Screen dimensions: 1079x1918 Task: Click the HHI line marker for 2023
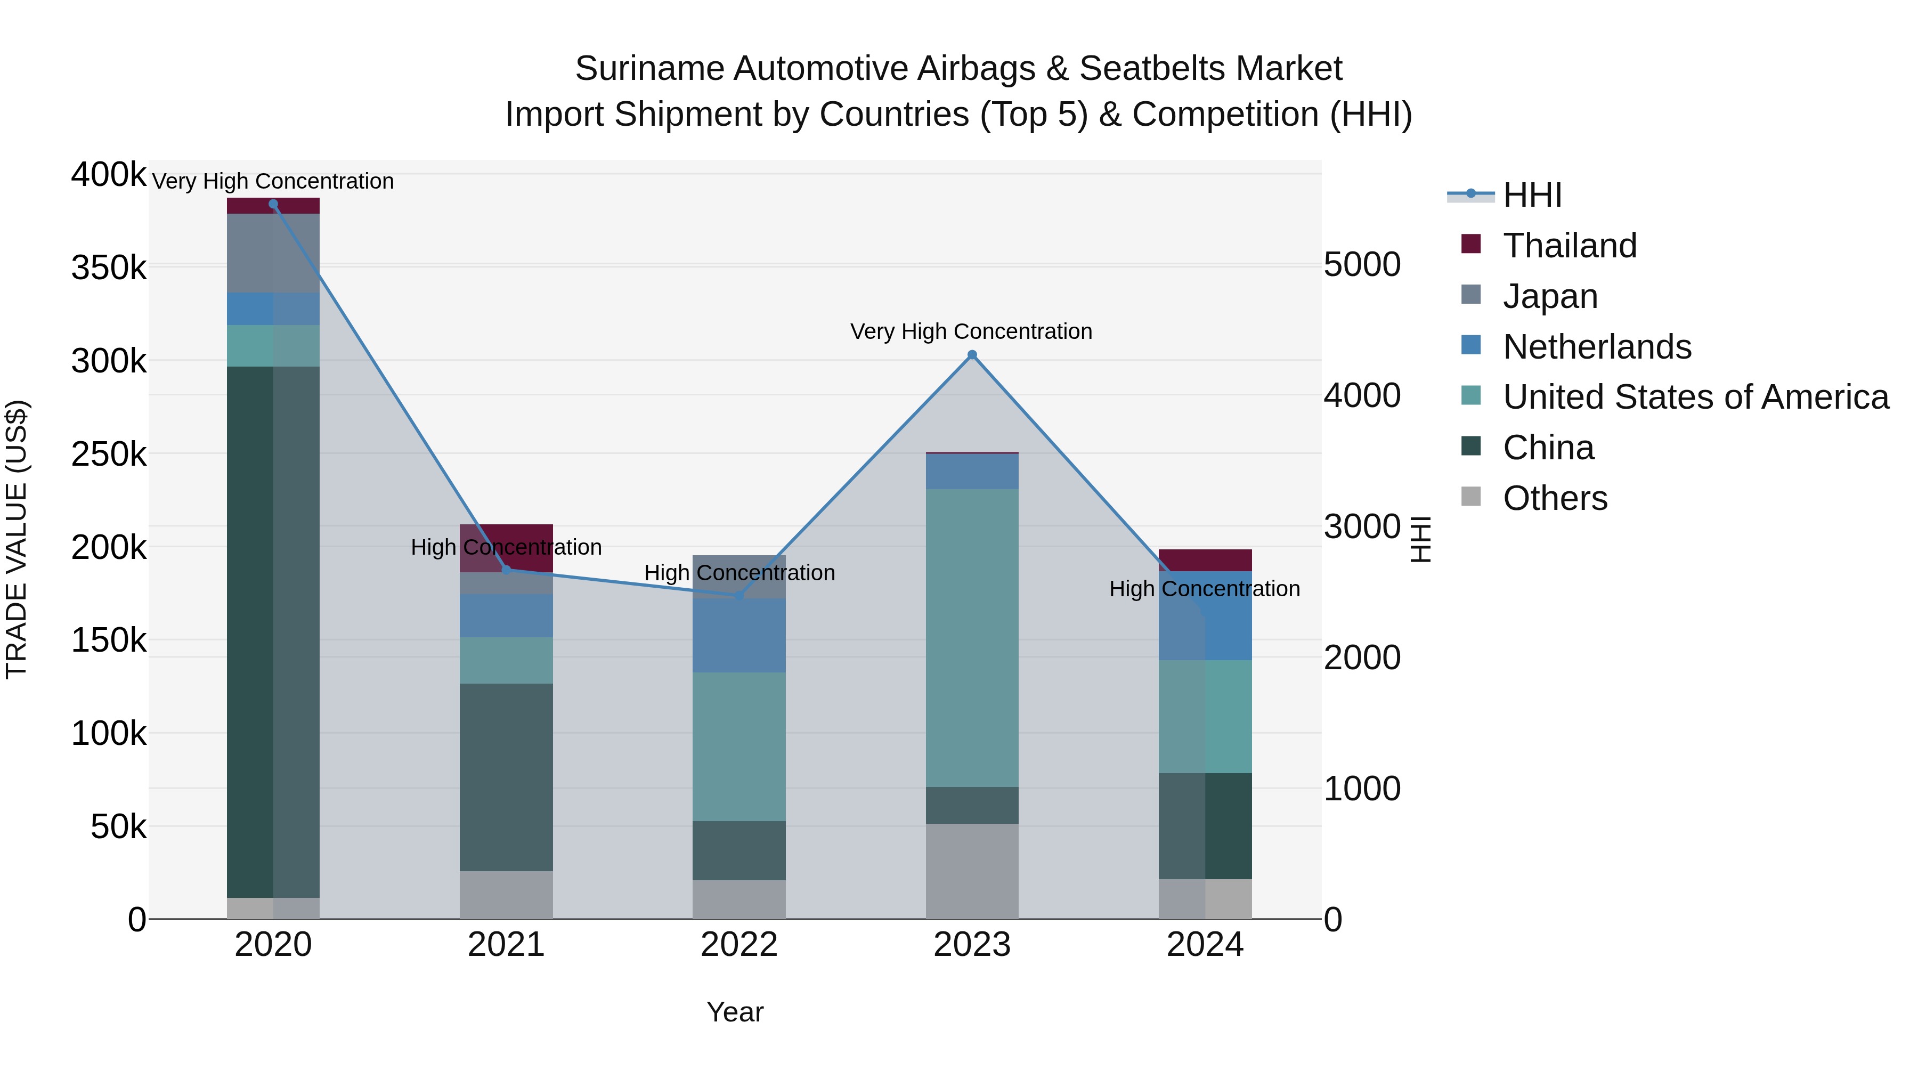tap(972, 355)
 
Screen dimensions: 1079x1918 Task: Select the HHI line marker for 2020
tap(273, 204)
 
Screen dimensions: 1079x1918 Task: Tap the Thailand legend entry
tap(1570, 246)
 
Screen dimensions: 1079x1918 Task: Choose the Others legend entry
tap(1555, 498)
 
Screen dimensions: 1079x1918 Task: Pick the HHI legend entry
tap(1532, 195)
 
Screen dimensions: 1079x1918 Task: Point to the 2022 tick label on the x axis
tap(738, 945)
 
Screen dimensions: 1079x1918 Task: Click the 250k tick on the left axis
tap(109, 454)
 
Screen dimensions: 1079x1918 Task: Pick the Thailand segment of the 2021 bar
tap(506, 536)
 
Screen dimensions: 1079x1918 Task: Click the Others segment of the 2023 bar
tap(972, 871)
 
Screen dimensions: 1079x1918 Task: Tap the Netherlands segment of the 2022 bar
tap(738, 635)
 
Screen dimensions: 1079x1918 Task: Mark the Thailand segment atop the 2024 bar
tap(1205, 560)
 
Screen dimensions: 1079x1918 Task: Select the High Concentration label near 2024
tap(1204, 589)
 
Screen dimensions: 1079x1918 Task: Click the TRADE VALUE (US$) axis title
tap(17, 539)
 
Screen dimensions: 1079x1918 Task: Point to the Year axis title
tap(735, 1012)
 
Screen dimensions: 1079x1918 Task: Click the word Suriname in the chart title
tap(649, 69)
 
